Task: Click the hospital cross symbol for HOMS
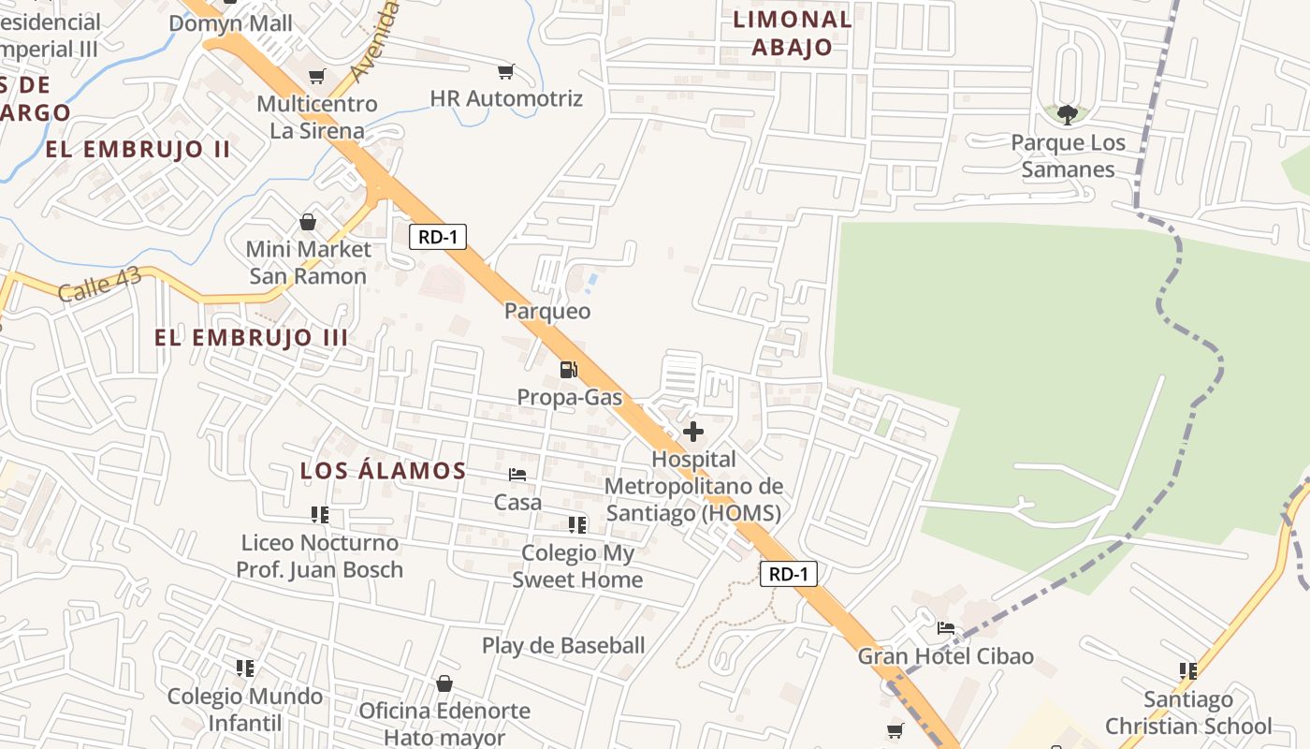tap(693, 432)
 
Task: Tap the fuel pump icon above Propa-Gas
tap(568, 370)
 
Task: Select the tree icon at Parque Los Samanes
tap(1067, 115)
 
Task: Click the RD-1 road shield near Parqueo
tap(438, 237)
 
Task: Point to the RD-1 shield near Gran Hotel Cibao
tap(788, 574)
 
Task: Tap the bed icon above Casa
tap(517, 475)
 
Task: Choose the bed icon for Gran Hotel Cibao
tap(946, 628)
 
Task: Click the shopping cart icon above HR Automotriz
tap(506, 71)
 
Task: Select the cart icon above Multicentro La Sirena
tap(317, 76)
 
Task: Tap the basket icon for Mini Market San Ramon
tap(308, 222)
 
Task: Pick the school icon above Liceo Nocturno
tap(320, 515)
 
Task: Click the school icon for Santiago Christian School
tap(1188, 670)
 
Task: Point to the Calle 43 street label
tap(100, 285)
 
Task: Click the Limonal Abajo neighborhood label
tap(793, 33)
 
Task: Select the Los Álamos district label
tap(383, 471)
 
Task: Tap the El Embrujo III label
tap(251, 338)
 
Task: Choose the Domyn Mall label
tap(231, 23)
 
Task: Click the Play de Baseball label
tap(563, 645)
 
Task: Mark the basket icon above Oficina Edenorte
tap(444, 683)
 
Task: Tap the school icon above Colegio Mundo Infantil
tap(245, 668)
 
